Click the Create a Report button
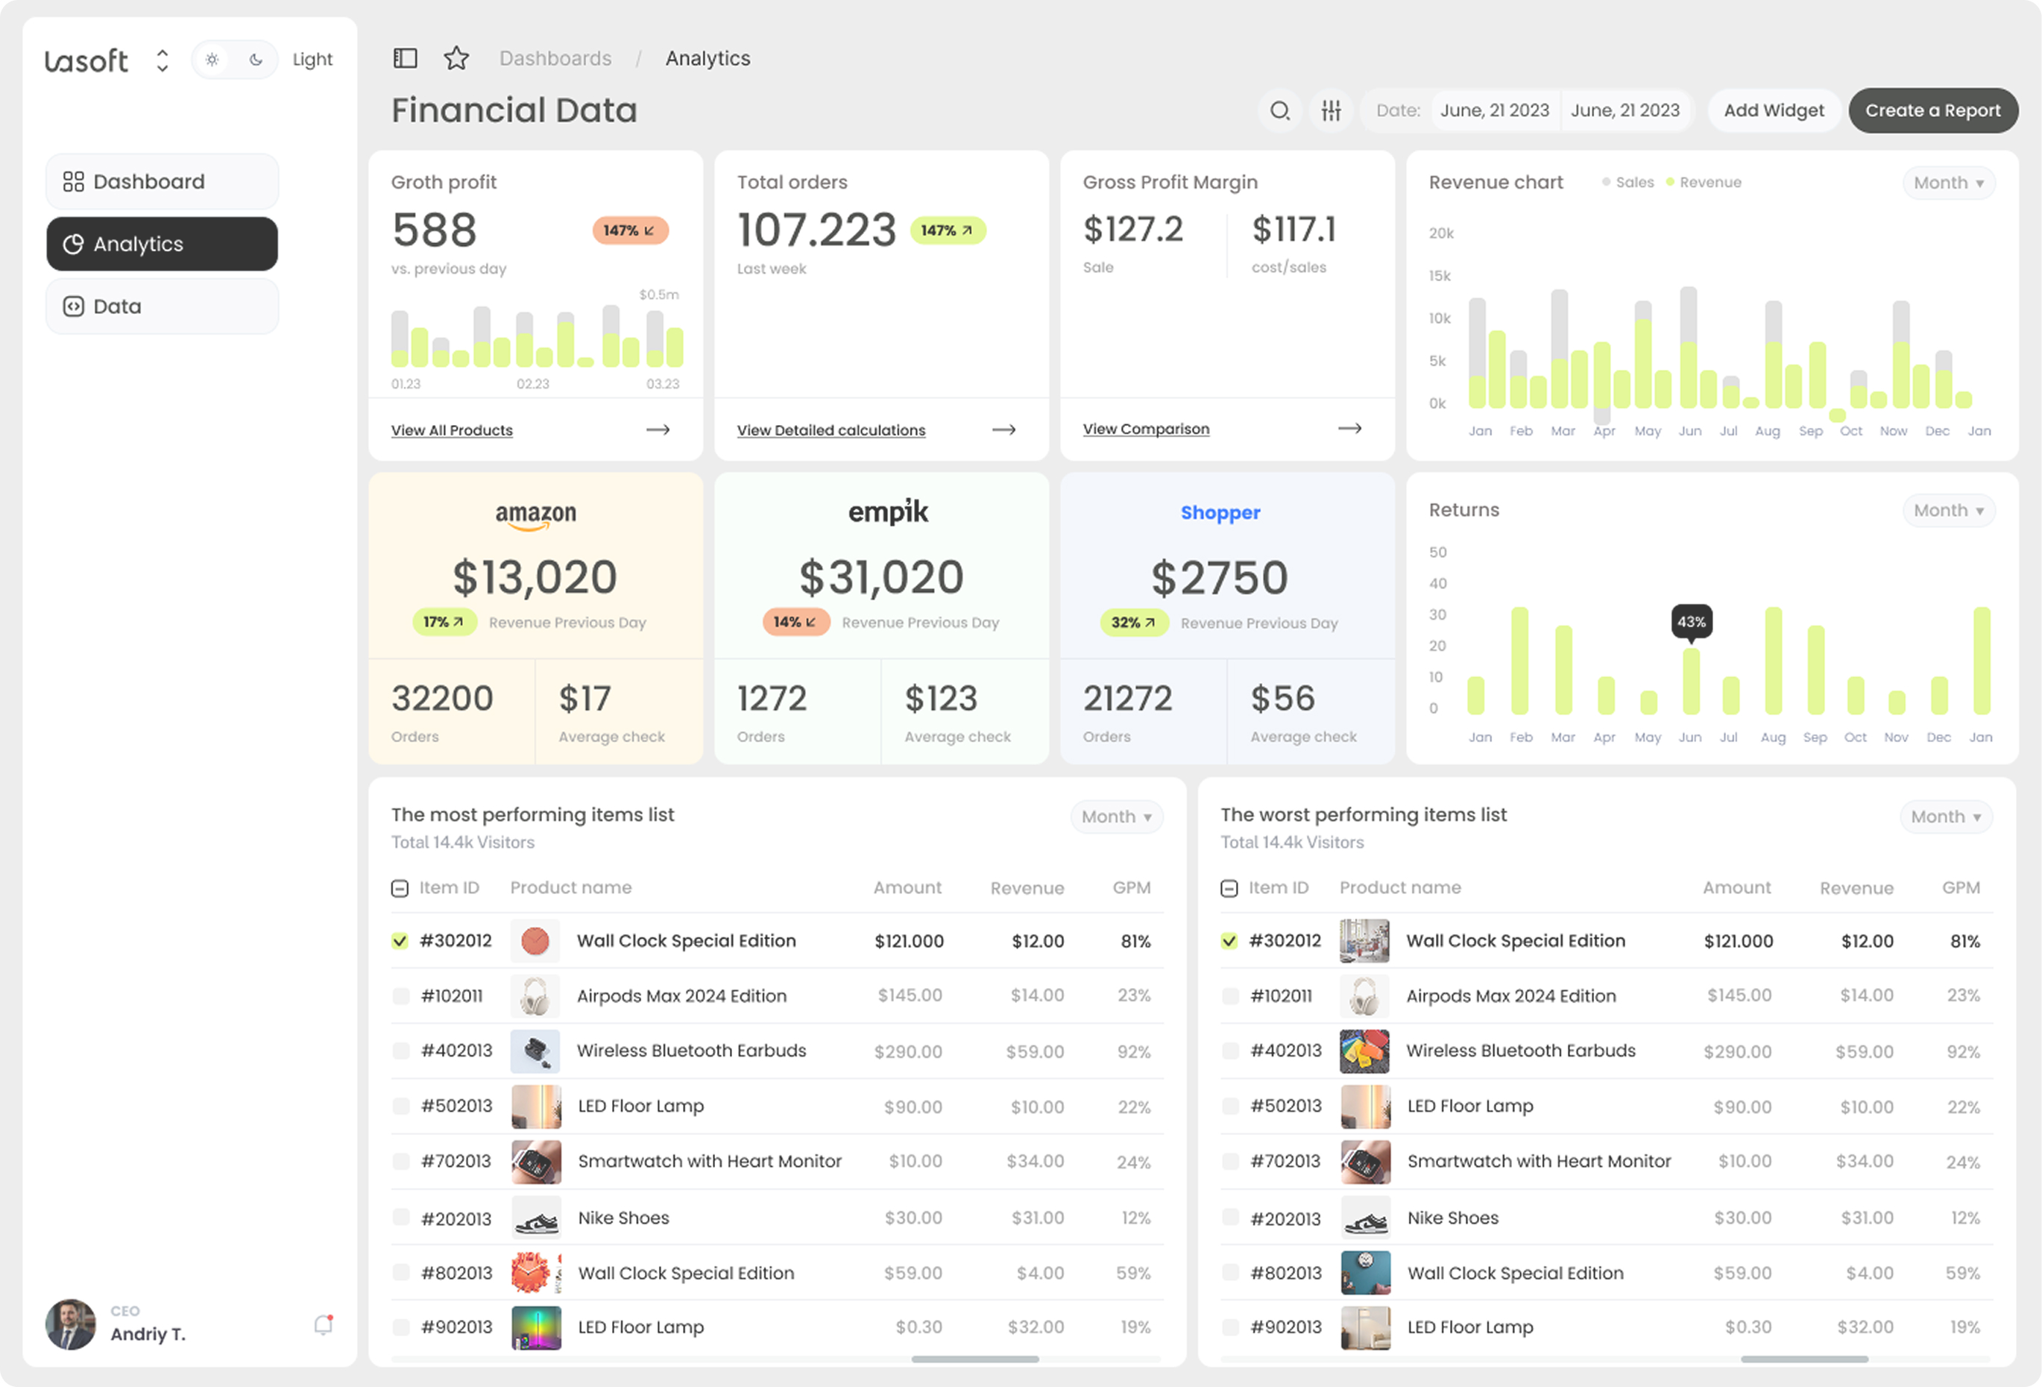click(x=1932, y=111)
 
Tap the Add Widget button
click(x=1773, y=111)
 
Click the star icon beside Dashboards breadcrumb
click(x=456, y=59)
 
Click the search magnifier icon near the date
click(x=1279, y=111)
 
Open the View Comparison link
click(x=1146, y=429)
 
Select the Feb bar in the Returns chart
click(x=1519, y=661)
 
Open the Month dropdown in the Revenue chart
click(x=1948, y=183)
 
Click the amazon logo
click(x=535, y=515)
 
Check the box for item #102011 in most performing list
click(x=400, y=996)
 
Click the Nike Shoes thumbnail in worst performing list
click(x=1364, y=1218)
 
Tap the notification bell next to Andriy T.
click(x=324, y=1324)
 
